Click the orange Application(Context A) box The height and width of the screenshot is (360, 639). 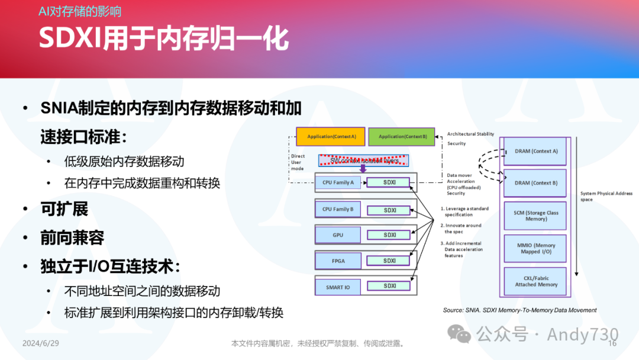tap(331, 137)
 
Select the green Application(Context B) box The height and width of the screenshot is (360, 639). tap(401, 137)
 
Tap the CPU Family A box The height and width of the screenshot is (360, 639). tap(338, 182)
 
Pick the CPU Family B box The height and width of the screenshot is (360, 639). tap(338, 209)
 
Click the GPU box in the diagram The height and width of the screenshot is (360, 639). tap(338, 235)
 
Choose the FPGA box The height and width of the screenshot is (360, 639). tap(338, 261)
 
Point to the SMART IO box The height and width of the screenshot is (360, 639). tap(338, 287)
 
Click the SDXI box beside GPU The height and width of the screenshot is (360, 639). tap(389, 235)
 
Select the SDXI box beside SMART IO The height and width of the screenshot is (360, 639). tap(389, 286)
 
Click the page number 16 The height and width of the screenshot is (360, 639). tap(612, 343)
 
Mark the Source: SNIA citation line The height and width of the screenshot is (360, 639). tap(519, 310)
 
